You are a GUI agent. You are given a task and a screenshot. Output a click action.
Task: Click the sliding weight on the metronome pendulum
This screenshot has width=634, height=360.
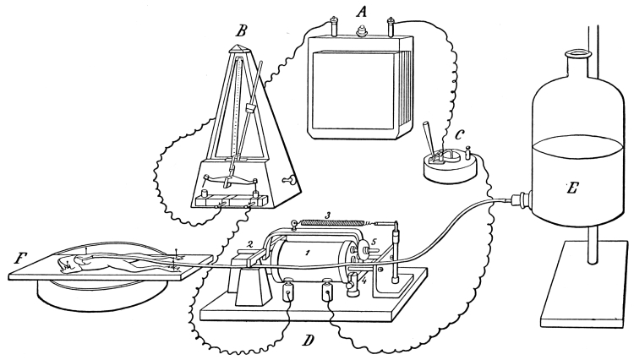(251, 109)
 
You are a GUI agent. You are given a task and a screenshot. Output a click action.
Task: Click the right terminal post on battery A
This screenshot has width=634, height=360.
(392, 29)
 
